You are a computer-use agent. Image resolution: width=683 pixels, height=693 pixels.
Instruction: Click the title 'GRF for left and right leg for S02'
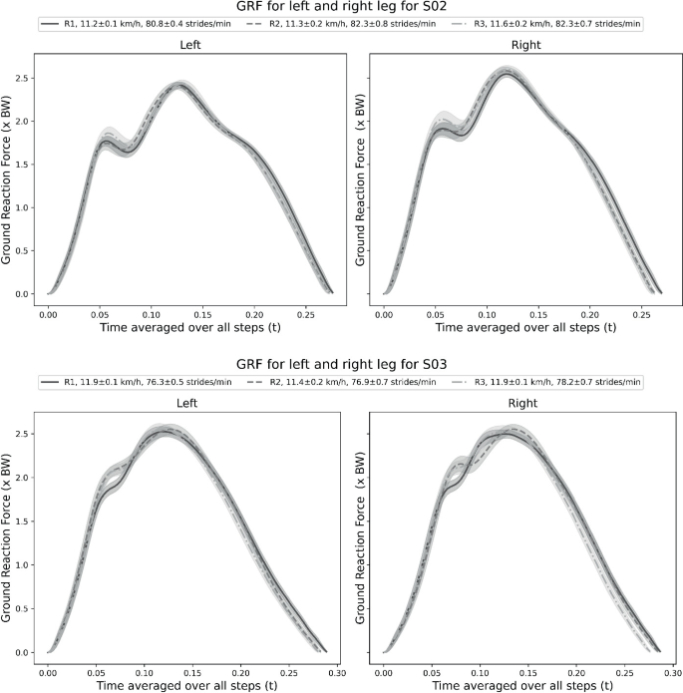tap(342, 8)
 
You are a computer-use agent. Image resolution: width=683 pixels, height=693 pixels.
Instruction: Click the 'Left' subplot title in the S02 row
tap(190, 46)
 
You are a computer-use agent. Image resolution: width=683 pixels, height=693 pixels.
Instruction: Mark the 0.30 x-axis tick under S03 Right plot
tap(668, 672)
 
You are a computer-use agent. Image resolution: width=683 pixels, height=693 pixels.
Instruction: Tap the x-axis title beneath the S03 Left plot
tap(190, 686)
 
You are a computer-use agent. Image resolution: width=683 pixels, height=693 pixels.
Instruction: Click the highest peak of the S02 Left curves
tap(178, 85)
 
